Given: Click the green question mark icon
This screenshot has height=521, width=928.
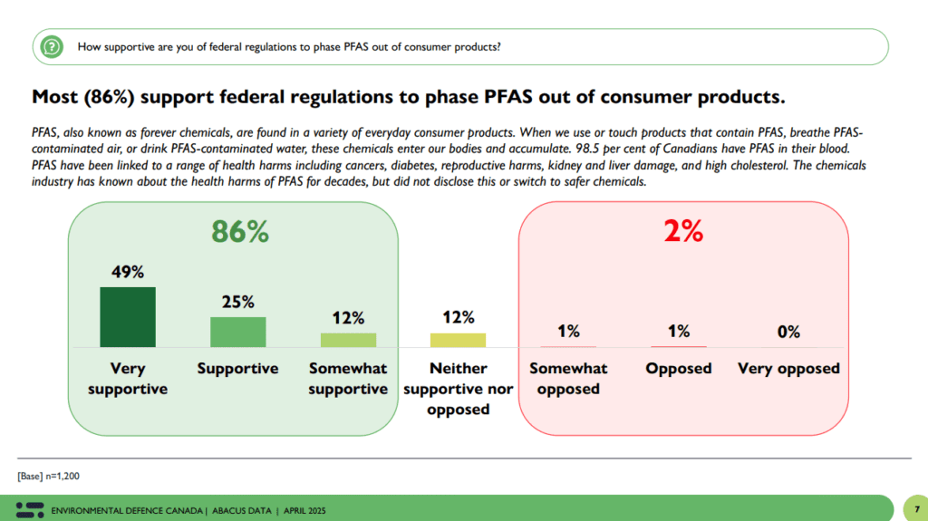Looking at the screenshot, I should [53, 46].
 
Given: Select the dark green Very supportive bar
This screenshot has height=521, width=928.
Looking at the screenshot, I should [128, 317].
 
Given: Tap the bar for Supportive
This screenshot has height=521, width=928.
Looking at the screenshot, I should [237, 332].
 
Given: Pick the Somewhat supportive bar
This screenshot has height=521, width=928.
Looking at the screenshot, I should [348, 340].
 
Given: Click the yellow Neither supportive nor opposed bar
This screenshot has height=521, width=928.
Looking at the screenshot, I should [458, 340].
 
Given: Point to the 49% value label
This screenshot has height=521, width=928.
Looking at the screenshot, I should [128, 272].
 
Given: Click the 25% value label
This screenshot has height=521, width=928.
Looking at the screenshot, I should [237, 302].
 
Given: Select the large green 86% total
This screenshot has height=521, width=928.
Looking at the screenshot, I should [240, 232].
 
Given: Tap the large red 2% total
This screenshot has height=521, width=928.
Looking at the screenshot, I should [683, 232].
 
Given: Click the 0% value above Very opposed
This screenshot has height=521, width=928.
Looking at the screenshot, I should [788, 332].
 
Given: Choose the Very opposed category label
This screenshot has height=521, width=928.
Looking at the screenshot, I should [788, 369].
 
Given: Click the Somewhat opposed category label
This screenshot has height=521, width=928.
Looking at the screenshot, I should [568, 379].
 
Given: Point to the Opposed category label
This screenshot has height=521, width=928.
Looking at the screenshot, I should [679, 369].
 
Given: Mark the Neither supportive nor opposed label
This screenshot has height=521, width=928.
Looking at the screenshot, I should [458, 389].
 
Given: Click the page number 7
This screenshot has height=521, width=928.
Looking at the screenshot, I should [917, 509].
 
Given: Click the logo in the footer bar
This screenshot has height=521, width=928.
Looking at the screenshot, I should [29, 509].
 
